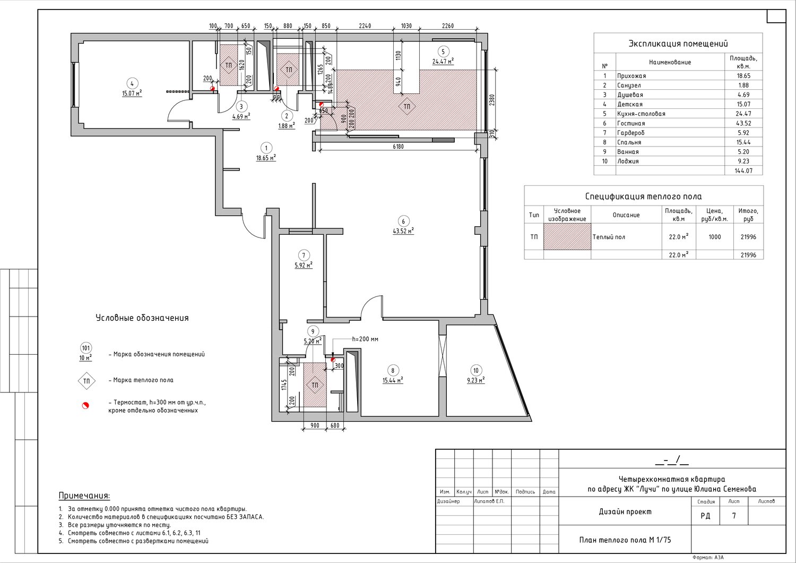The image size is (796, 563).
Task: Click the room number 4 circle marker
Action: point(132,83)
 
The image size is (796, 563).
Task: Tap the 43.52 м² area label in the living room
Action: point(403,231)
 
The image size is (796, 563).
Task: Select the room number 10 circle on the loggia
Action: point(476,370)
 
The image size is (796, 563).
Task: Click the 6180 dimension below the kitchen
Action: point(398,146)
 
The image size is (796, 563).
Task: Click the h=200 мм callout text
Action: point(365,339)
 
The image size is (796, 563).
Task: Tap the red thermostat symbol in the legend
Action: point(85,405)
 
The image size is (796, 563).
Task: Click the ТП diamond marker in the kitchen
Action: point(407,106)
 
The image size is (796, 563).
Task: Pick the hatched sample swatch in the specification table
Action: point(567,236)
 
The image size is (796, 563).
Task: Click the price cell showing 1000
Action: point(715,237)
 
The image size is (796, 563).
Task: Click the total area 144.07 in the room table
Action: point(743,170)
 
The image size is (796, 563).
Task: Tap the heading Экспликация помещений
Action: point(678,44)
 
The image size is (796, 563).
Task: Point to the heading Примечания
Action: point(84,496)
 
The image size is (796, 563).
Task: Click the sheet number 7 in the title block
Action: point(734,515)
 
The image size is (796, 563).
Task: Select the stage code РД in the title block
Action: point(705,515)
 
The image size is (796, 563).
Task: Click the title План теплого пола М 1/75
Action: point(625,540)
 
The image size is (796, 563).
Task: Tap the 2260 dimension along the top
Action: point(447,25)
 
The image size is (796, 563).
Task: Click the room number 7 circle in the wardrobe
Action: point(304,255)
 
